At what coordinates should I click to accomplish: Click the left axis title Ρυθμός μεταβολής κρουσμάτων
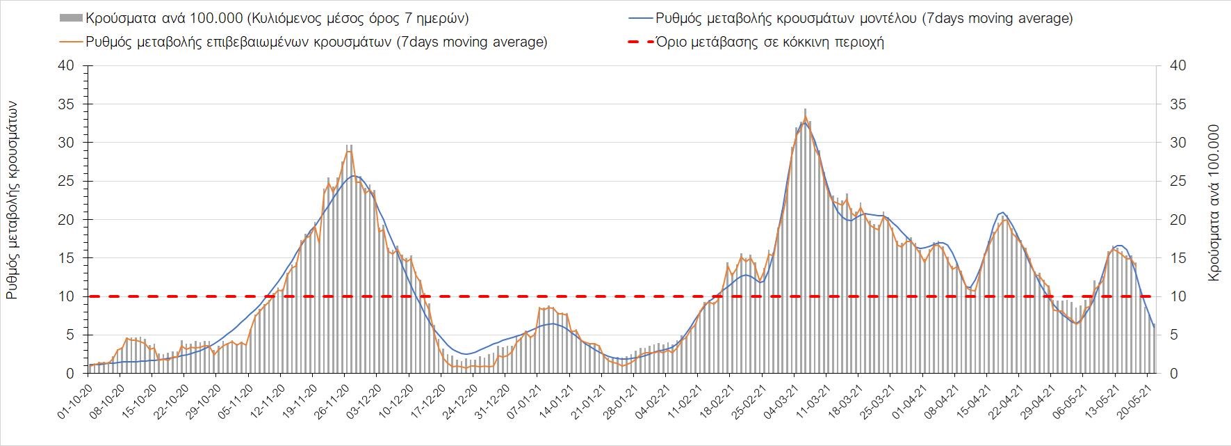click(x=12, y=200)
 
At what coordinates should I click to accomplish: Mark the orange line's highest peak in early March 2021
click(x=805, y=117)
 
